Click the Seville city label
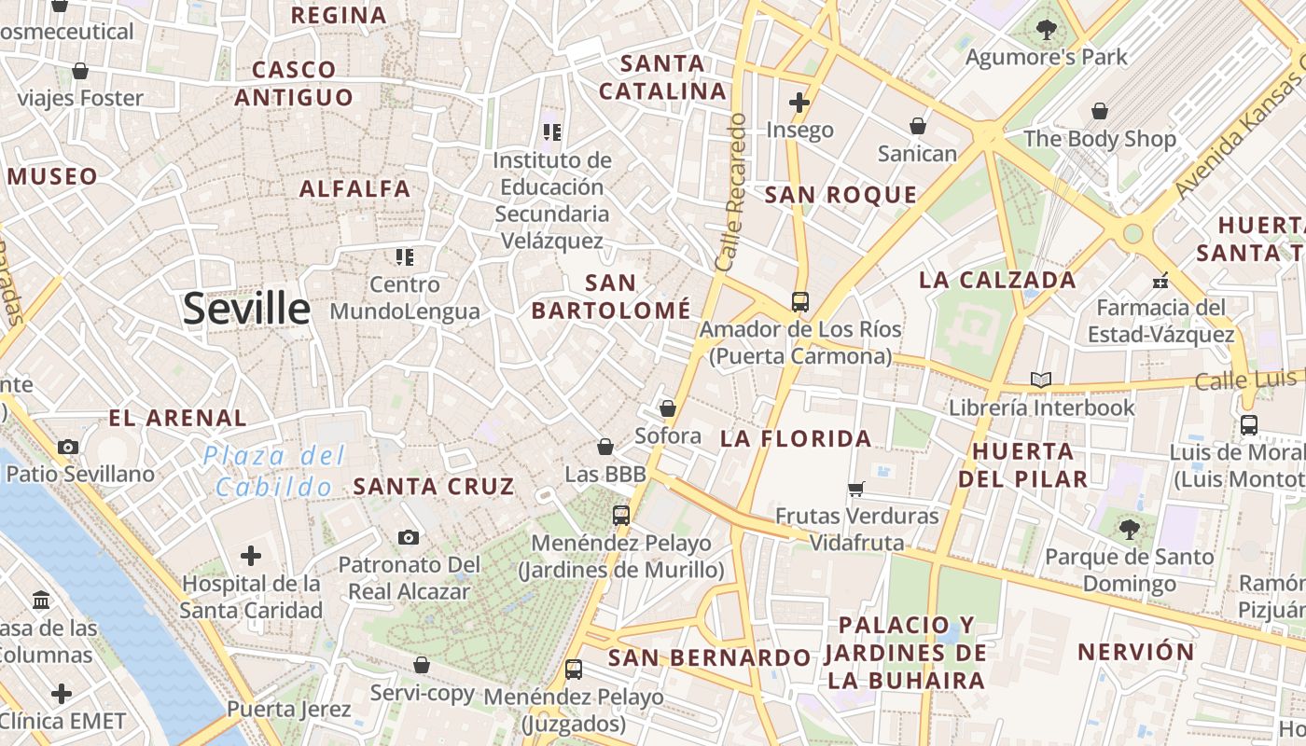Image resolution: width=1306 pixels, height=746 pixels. (246, 308)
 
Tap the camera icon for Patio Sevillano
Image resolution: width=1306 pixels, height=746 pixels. (67, 447)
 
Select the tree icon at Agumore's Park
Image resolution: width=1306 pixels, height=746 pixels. (1047, 30)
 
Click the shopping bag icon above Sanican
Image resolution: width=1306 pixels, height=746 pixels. (918, 125)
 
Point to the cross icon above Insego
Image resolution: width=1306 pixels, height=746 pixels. (799, 102)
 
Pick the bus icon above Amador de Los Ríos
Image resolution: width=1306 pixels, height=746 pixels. (799, 301)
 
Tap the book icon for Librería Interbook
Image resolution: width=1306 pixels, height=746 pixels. (1041, 380)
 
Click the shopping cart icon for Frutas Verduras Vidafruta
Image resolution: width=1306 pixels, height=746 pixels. (856, 489)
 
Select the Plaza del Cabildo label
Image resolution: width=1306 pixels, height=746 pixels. (275, 471)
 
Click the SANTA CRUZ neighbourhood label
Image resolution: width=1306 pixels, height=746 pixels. (434, 486)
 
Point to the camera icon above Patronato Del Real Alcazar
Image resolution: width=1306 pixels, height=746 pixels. (409, 537)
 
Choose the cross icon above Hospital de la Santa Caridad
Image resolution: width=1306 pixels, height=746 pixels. (250, 556)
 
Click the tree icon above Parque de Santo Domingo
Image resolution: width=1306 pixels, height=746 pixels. (1129, 530)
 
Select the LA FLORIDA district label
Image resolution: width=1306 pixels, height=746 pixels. (796, 438)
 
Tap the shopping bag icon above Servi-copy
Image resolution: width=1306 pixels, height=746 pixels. (422, 665)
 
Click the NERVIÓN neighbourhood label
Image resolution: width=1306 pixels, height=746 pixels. (1135, 651)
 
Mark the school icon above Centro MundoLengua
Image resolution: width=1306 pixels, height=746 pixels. (404, 256)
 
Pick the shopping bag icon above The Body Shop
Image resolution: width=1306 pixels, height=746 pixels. (1100, 111)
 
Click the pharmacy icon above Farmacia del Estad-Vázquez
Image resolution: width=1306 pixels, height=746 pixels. (1160, 280)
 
